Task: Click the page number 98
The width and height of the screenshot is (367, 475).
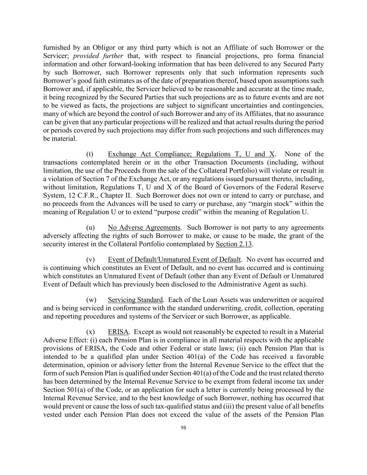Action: click(184, 428)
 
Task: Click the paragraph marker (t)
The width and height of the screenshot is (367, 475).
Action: click(90, 154)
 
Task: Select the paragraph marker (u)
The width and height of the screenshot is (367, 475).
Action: click(90, 228)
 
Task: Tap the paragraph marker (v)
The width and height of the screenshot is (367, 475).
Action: click(90, 260)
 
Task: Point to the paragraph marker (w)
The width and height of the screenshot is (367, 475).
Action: click(91, 300)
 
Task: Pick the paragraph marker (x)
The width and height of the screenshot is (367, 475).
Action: click(90, 332)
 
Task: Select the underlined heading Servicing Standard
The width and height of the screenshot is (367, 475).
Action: click(135, 300)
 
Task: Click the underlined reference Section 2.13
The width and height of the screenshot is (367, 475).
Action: click(233, 244)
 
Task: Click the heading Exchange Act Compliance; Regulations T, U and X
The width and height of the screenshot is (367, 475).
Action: click(191, 154)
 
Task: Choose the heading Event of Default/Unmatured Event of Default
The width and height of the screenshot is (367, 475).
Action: click(174, 260)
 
